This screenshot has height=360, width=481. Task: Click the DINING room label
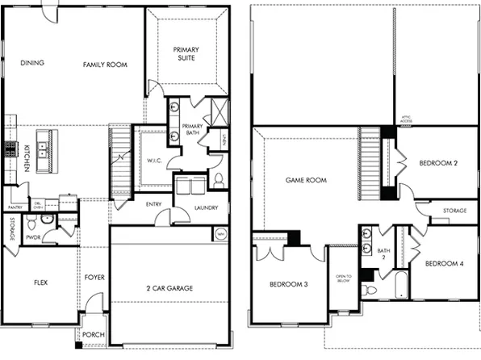click(x=32, y=63)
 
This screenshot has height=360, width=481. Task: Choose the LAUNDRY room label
click(x=207, y=208)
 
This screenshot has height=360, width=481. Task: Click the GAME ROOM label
click(x=307, y=180)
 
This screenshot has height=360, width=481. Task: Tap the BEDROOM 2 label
click(x=438, y=164)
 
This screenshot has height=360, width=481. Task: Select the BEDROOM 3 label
click(x=290, y=284)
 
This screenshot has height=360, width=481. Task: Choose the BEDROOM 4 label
click(x=444, y=263)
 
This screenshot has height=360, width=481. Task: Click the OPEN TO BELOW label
click(x=342, y=280)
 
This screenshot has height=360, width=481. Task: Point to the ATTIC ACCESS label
click(x=407, y=119)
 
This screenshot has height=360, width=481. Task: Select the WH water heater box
click(x=220, y=234)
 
